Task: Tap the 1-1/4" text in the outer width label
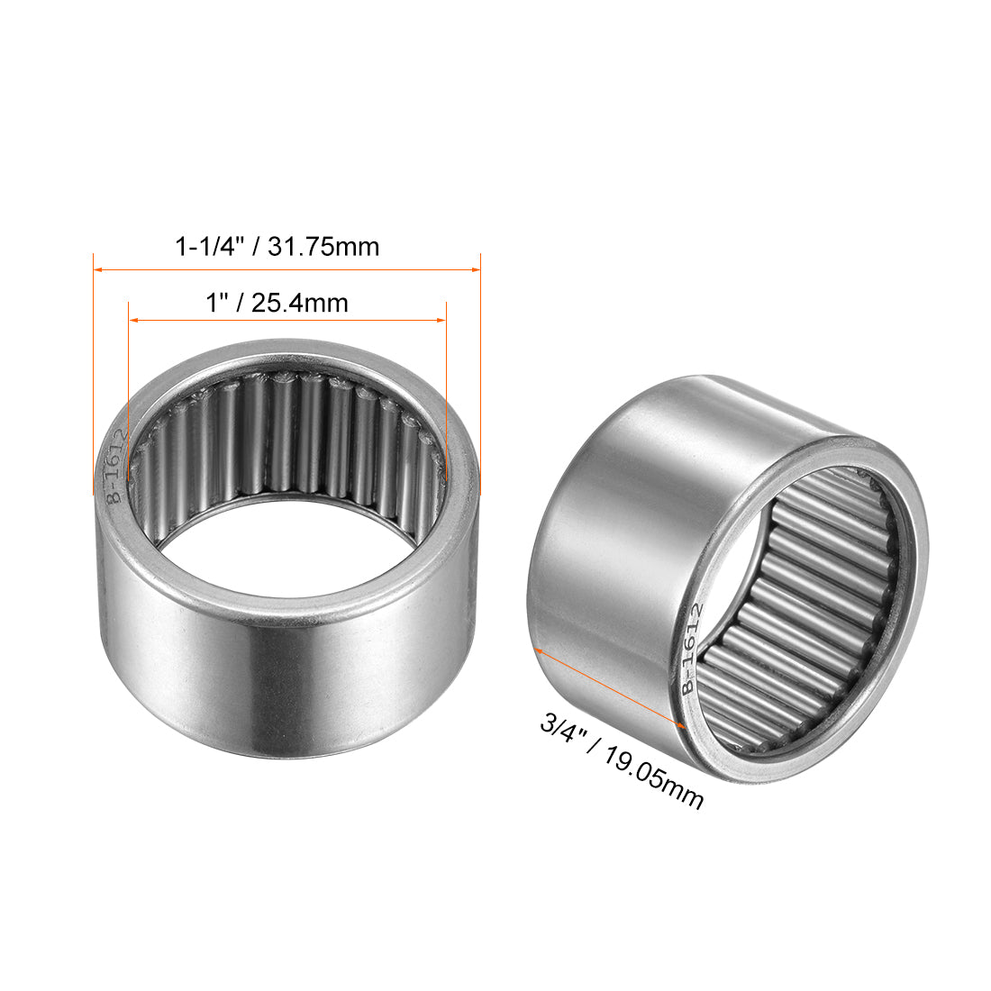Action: (x=211, y=247)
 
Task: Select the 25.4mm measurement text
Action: (x=300, y=304)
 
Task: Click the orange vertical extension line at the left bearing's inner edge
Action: (x=129, y=405)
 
